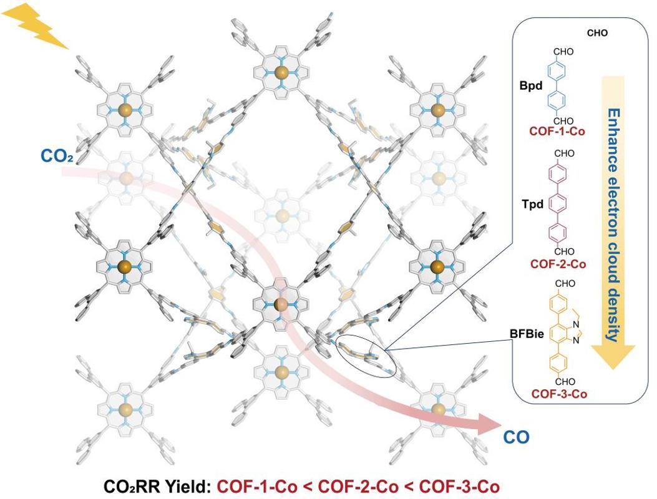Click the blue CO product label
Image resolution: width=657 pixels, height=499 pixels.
click(x=515, y=438)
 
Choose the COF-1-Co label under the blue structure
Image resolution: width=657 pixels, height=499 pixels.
click(x=558, y=132)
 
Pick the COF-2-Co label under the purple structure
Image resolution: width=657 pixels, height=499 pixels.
click(x=558, y=264)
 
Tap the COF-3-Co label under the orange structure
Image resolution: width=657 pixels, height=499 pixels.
click(x=558, y=394)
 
